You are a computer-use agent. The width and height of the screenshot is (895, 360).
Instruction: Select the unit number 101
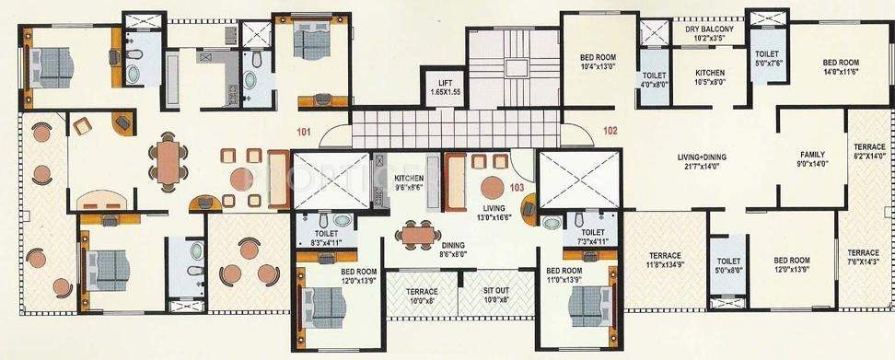305,131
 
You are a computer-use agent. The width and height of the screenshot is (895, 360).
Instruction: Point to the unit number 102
609,130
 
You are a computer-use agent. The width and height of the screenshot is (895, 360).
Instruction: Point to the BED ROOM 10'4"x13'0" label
599,62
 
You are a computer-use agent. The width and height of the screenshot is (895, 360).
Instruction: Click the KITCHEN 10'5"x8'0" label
709,77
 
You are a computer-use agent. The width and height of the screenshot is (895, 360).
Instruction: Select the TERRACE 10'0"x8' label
421,295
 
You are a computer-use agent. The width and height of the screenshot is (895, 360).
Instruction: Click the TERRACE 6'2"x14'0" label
868,152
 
